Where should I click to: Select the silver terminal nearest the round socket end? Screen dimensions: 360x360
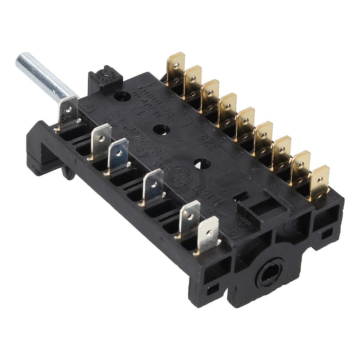[208, 234]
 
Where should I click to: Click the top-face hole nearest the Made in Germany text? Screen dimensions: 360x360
[122, 96]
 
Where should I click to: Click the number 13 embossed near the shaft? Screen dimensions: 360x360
[89, 107]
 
